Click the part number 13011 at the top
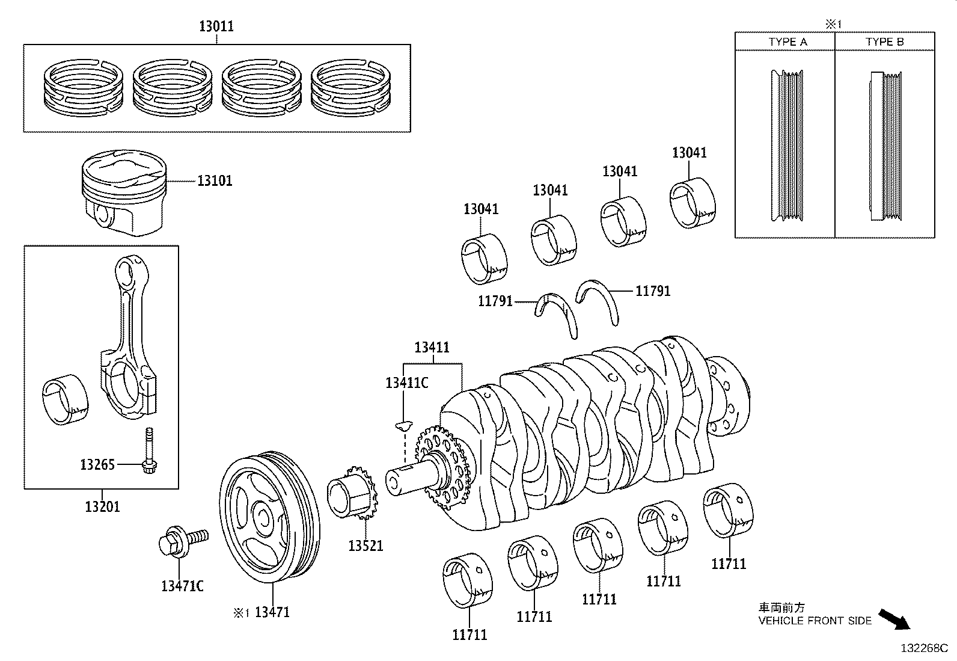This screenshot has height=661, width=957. click(216, 26)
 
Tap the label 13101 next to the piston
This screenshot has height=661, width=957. click(215, 180)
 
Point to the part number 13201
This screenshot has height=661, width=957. click(102, 506)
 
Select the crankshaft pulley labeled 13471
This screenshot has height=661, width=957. click(268, 520)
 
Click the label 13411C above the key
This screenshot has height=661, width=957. click(406, 383)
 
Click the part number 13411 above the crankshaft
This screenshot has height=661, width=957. click(432, 347)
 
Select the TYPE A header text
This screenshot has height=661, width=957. click(787, 42)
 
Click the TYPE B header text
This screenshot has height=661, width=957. click(884, 42)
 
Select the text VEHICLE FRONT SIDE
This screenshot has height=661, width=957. click(815, 621)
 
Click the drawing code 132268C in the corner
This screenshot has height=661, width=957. click(923, 648)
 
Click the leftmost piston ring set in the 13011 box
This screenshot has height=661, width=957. click(84, 87)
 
